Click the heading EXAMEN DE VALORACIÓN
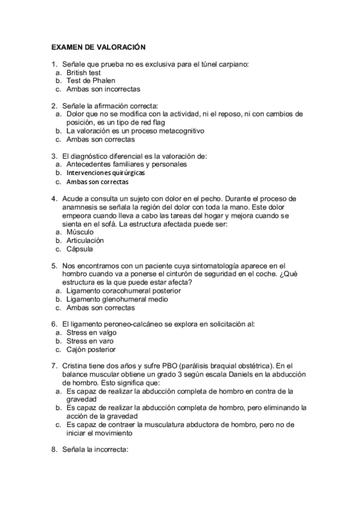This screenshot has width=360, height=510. click(99, 46)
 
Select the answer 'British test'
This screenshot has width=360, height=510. click(85, 72)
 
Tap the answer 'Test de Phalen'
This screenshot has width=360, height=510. click(91, 81)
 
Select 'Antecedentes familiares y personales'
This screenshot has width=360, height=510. click(126, 164)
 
